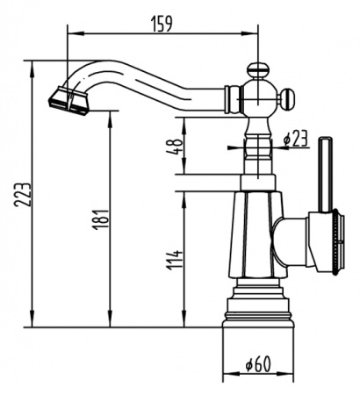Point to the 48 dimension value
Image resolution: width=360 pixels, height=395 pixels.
(176, 146)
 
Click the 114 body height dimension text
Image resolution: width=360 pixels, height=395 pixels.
(175, 259)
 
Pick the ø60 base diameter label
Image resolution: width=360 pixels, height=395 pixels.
(256, 361)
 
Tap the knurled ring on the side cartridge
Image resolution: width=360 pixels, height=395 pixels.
(334, 239)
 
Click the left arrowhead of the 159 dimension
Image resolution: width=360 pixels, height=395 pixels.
(71, 33)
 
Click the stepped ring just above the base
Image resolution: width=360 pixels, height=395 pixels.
(256, 304)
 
